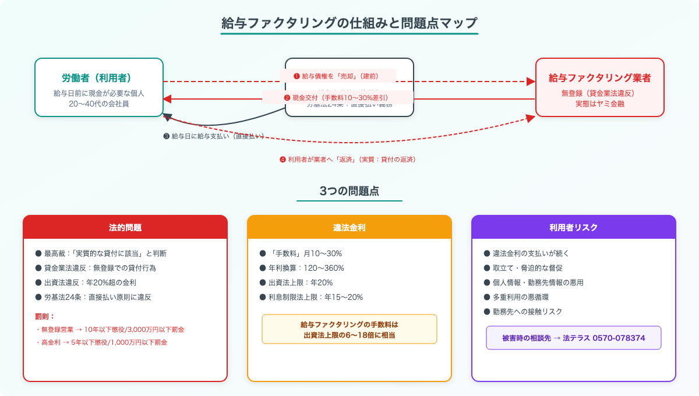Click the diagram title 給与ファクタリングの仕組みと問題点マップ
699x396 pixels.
[349, 23]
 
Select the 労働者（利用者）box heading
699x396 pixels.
[99, 77]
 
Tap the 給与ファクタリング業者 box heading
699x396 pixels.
[599, 77]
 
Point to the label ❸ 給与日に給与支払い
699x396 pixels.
[214, 136]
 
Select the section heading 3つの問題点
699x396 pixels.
[349, 191]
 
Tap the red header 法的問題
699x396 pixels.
[125, 227]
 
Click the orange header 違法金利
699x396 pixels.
[349, 227]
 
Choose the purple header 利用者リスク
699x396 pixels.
[574, 227]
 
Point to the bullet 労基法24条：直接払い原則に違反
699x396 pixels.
[97, 297]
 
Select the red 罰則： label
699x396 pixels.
[45, 316]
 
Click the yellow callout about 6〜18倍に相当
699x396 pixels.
[349, 329]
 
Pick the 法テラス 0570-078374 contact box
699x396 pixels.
[574, 338]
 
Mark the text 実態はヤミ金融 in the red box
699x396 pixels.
[599, 103]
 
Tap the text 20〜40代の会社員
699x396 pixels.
[99, 104]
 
